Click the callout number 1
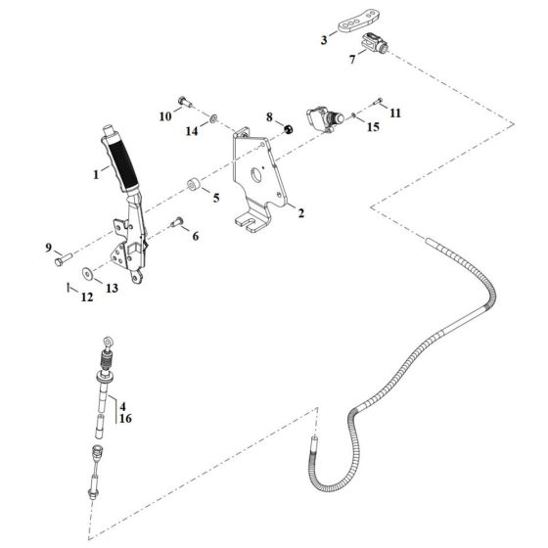(96, 174)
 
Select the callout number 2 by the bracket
(300, 212)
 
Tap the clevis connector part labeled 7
(377, 43)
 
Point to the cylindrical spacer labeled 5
(192, 183)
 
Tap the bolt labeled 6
(177, 222)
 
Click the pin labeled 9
(63, 260)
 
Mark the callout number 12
(86, 297)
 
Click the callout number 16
(124, 418)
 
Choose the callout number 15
(372, 127)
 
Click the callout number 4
(124, 404)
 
